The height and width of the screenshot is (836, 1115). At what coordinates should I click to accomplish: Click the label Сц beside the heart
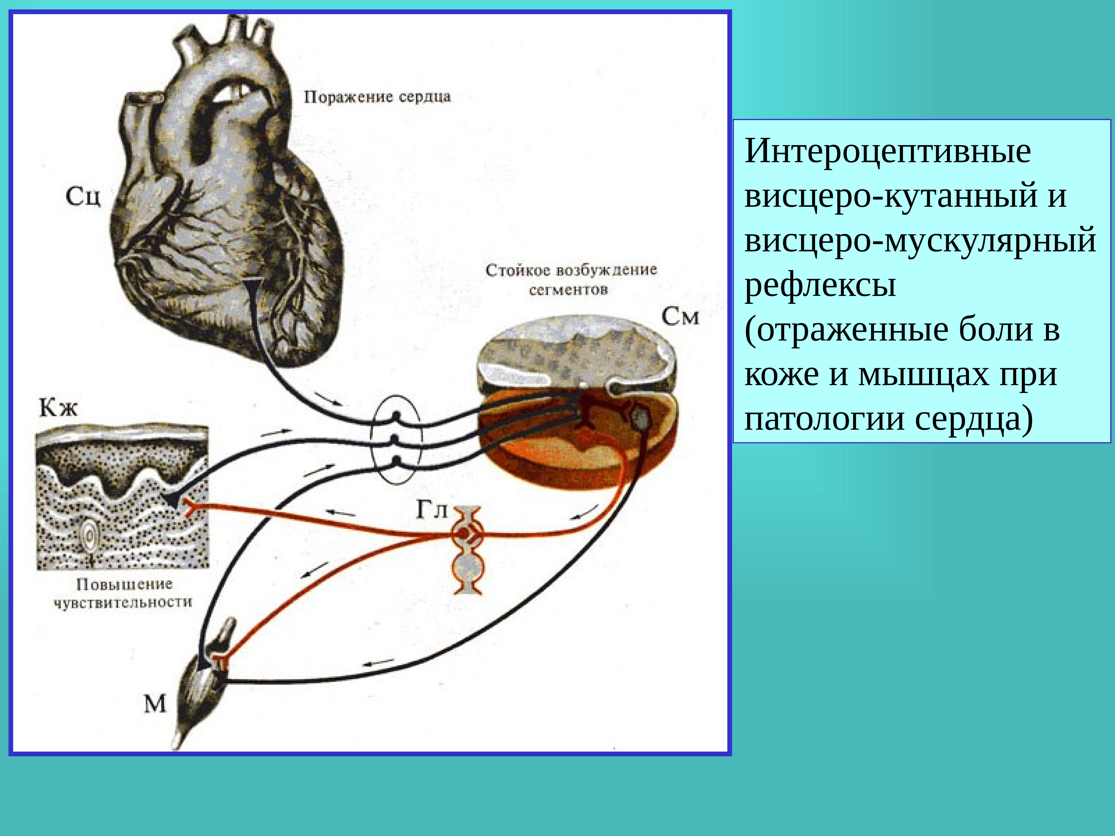pos(83,196)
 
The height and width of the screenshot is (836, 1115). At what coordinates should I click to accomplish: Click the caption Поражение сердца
pos(377,97)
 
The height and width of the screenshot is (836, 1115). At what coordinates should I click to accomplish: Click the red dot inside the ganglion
pos(462,533)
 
